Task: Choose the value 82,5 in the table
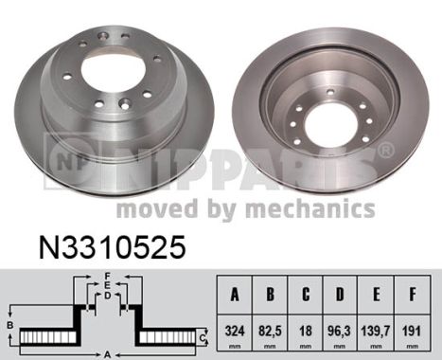click(270, 333)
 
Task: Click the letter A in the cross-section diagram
click(109, 353)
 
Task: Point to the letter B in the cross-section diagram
click(10, 326)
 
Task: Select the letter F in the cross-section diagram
click(109, 276)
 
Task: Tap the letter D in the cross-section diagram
click(109, 295)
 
